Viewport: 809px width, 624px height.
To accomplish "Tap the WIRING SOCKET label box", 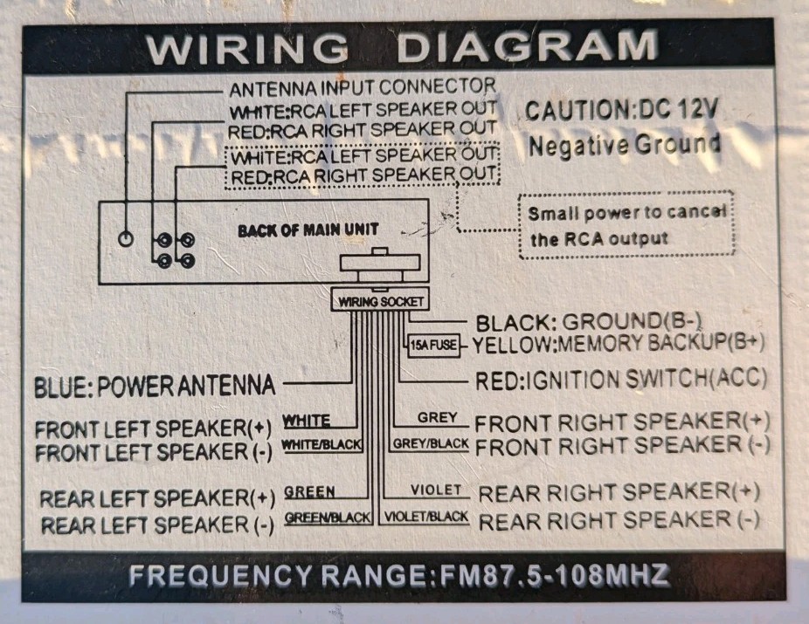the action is click(x=380, y=301).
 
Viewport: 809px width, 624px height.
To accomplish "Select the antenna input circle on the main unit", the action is click(x=126, y=238).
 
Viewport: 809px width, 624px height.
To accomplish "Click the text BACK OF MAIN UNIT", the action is click(x=308, y=230).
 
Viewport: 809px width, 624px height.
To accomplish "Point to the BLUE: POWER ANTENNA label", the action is click(x=155, y=386).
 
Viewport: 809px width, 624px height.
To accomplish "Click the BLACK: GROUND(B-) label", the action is click(x=589, y=323).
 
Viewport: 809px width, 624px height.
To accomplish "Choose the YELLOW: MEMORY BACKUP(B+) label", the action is click(x=618, y=344).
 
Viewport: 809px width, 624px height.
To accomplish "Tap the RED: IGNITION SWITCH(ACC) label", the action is click(x=620, y=381).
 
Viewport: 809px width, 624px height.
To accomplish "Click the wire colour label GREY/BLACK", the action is click(x=431, y=443).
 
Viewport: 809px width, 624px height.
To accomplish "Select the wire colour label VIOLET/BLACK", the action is click(x=426, y=517).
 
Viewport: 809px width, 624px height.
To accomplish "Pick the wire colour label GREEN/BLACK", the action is click(x=328, y=518).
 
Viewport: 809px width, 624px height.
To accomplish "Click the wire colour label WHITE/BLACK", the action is click(x=322, y=445).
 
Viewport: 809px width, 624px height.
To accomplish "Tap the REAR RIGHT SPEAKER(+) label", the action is click(x=619, y=492).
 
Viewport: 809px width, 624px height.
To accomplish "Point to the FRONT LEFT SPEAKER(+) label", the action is click(x=153, y=429).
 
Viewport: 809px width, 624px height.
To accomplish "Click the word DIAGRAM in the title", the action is click(x=527, y=47).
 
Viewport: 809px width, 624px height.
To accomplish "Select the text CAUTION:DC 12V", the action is click(x=621, y=109).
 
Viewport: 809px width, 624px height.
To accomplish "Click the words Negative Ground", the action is click(x=625, y=145).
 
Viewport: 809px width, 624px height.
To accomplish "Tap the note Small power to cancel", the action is click(x=627, y=212).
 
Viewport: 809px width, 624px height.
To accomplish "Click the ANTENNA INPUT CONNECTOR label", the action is click(x=363, y=87).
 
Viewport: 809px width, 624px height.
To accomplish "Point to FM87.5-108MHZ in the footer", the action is click(x=555, y=576).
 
